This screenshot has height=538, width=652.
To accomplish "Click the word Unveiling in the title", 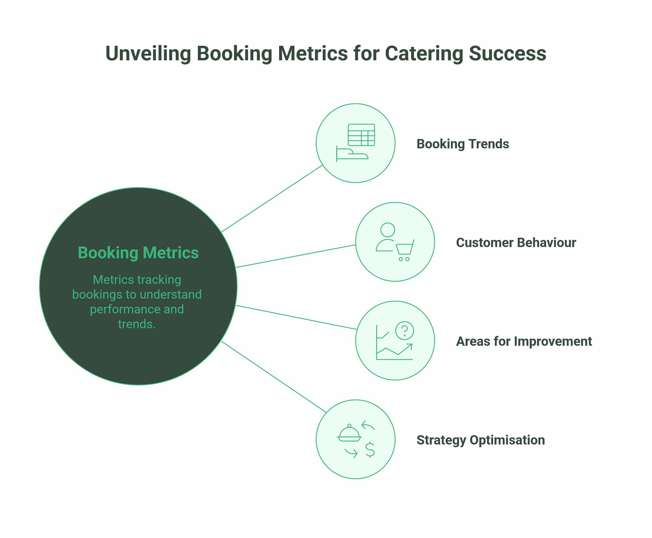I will (x=148, y=54).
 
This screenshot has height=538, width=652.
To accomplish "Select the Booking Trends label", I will (x=462, y=144).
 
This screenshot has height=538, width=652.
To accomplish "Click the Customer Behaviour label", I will (x=516, y=243).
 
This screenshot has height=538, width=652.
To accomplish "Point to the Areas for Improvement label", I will (x=524, y=341).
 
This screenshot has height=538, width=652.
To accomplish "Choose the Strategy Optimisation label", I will (x=480, y=440).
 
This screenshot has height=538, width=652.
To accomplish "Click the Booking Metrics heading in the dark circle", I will (x=138, y=253).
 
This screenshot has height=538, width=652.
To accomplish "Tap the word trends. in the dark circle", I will (x=136, y=324).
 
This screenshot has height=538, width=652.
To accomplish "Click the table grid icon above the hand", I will (x=361, y=135).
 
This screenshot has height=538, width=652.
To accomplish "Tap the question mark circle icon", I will (x=404, y=330).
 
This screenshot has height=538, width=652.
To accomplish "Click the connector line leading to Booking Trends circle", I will (x=272, y=199).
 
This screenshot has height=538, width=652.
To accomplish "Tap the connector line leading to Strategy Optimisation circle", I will (x=274, y=377).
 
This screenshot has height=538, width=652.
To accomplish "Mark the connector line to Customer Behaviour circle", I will (x=296, y=256).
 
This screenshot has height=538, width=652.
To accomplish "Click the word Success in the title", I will (x=507, y=54).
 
